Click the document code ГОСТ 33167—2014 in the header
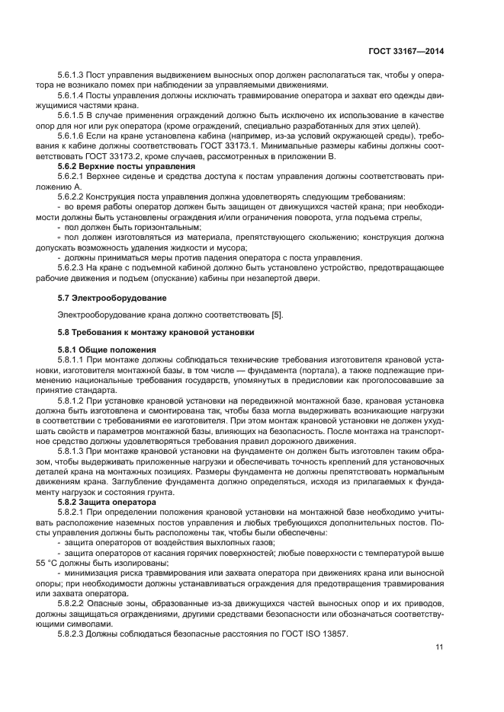click(406, 49)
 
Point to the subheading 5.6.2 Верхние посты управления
click(117, 165)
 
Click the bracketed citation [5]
click(276, 314)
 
